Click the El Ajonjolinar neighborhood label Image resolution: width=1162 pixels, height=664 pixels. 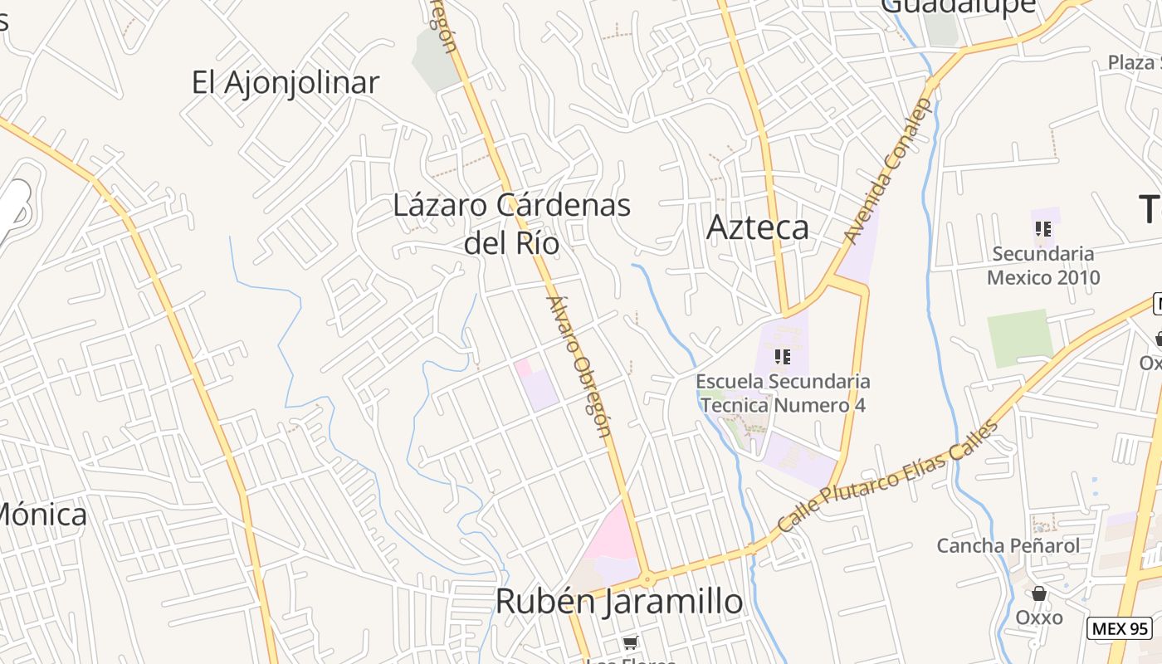[x=285, y=82]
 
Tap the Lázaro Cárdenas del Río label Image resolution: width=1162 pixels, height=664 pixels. [x=511, y=223]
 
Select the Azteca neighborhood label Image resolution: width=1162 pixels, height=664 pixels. [x=757, y=227]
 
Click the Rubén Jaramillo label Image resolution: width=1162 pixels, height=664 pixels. [x=618, y=601]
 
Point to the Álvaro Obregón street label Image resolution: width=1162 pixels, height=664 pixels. [x=579, y=365]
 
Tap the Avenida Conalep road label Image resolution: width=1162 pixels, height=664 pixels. [x=889, y=172]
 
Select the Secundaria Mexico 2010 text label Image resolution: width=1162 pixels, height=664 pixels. [x=1043, y=266]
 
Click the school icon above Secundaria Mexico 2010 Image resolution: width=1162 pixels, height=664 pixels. [x=1043, y=228]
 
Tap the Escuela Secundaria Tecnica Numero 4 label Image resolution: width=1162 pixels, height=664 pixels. [x=783, y=393]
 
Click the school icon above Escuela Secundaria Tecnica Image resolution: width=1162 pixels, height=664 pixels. [x=781, y=357]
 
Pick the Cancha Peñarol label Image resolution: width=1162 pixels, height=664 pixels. [x=1008, y=545]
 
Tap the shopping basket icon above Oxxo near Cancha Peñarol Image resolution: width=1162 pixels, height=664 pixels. [x=1038, y=593]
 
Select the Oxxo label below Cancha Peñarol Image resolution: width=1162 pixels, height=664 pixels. [x=1038, y=618]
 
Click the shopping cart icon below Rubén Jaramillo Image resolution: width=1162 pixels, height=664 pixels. [x=630, y=642]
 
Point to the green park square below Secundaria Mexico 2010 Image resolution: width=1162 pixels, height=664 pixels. [x=1019, y=338]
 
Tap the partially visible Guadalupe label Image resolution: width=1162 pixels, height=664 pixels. [x=958, y=7]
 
